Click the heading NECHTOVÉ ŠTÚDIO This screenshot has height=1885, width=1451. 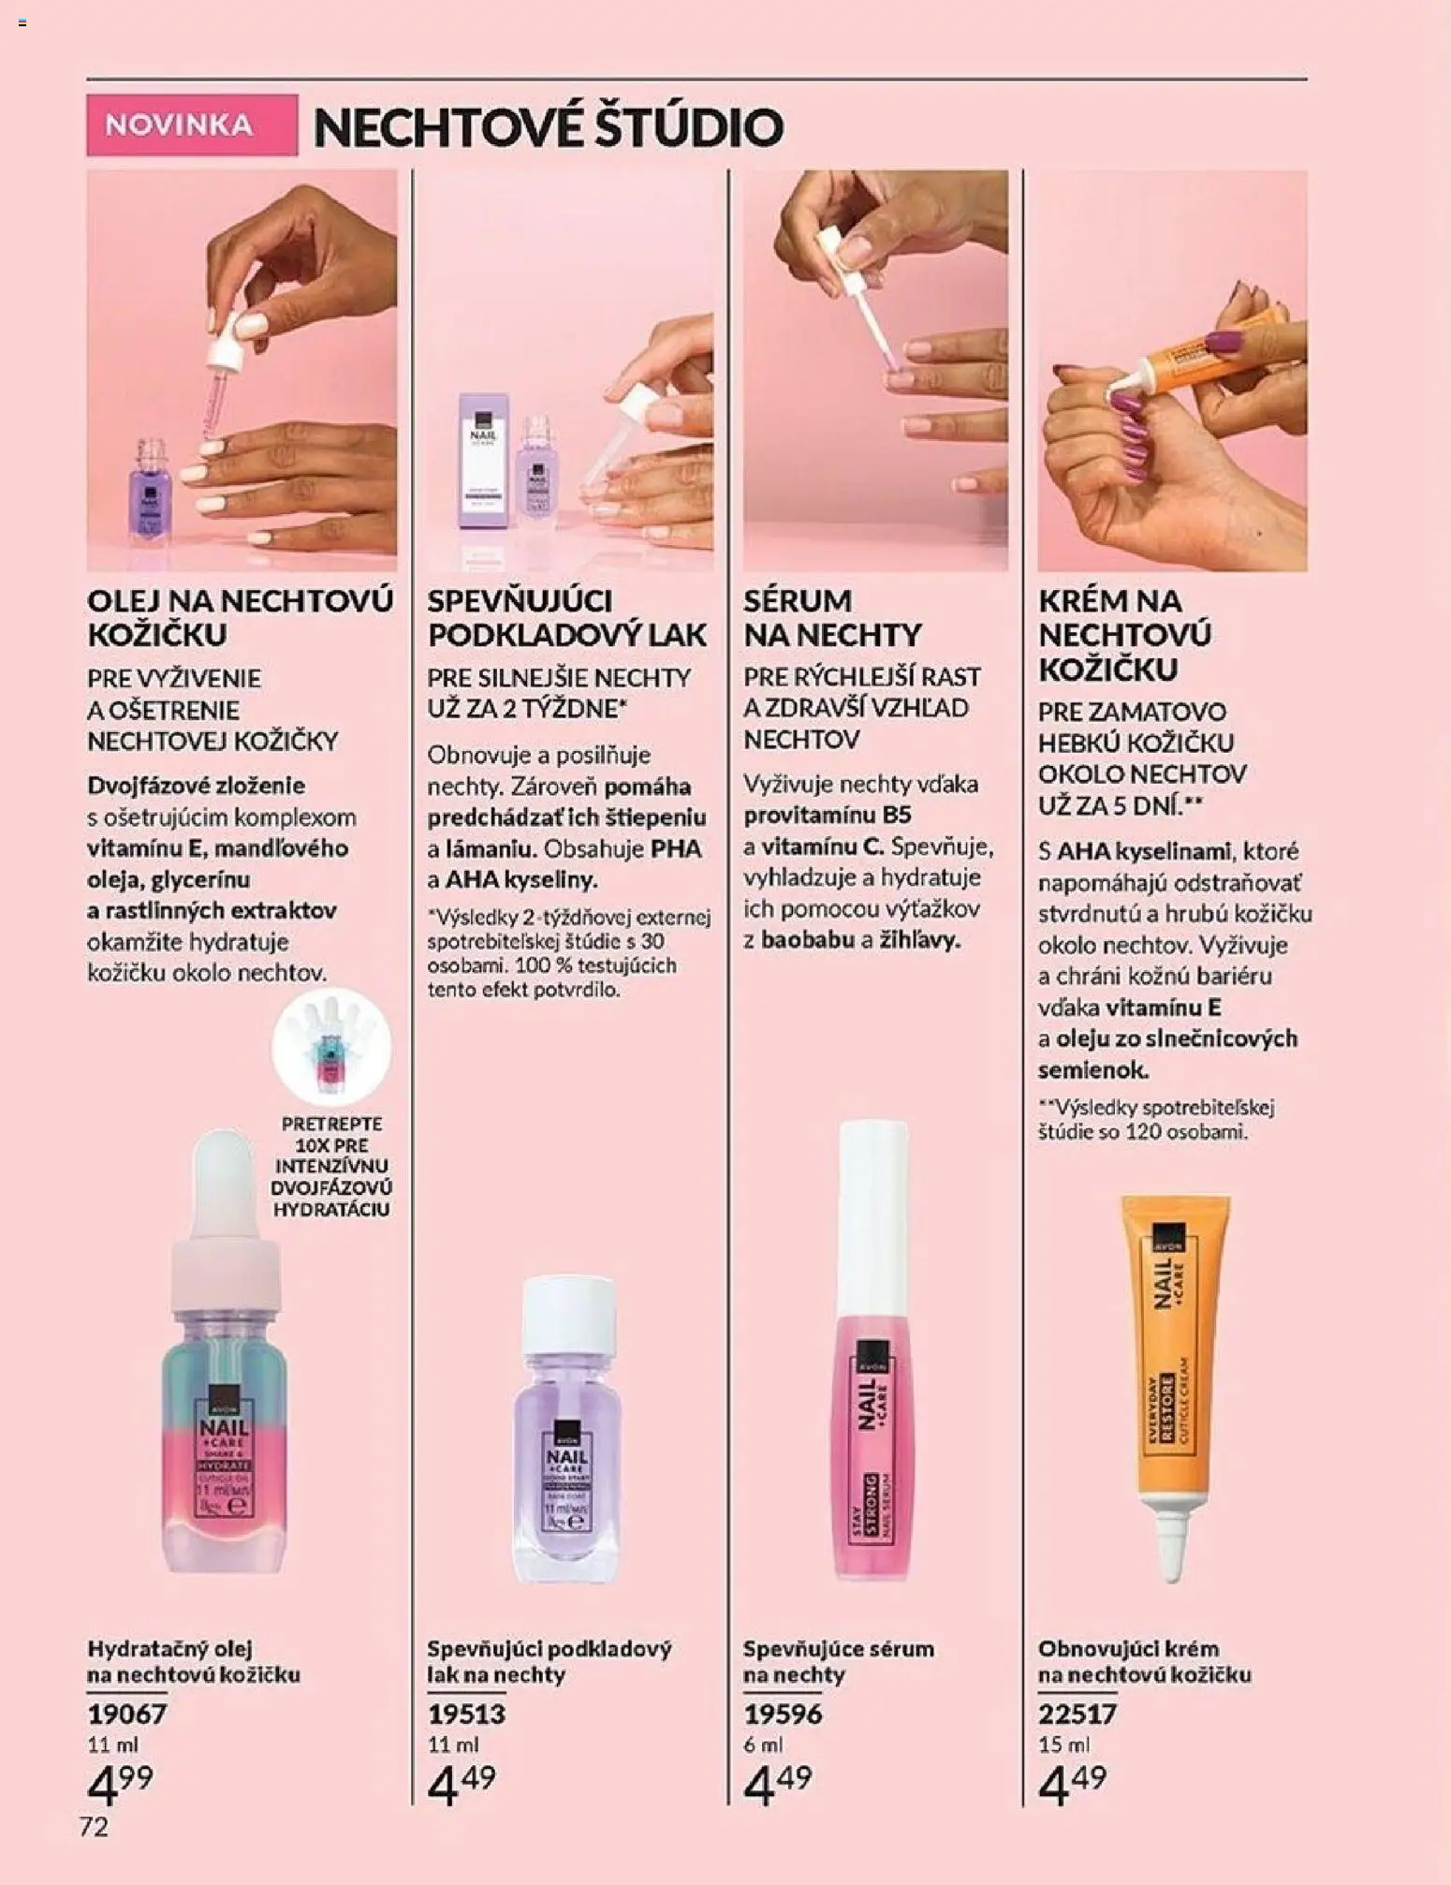tap(548, 127)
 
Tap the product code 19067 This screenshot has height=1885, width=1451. tap(127, 1714)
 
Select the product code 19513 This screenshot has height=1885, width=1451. tap(466, 1714)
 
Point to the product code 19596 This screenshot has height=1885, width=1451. tap(783, 1714)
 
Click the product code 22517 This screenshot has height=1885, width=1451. tap(1077, 1714)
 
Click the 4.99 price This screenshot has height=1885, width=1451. tap(120, 1783)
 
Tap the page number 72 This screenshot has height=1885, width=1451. tap(94, 1827)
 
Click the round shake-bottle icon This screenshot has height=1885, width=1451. tap(331, 1047)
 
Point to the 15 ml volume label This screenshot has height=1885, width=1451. tap(1063, 1745)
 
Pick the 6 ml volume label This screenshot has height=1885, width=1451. tap(763, 1745)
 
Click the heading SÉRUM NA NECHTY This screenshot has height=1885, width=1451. tap(831, 617)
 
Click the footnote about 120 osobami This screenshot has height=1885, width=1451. tap(1155, 1119)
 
